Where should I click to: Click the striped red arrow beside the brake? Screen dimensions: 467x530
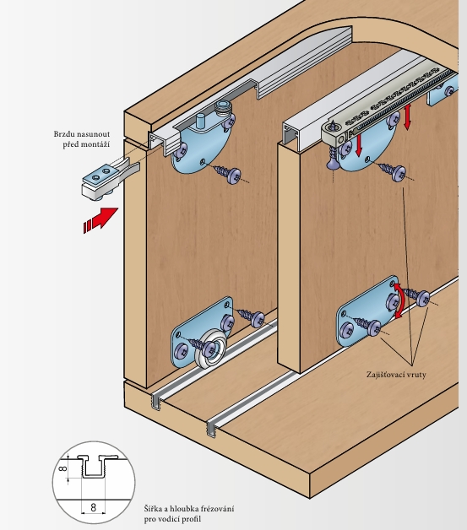click(100, 219)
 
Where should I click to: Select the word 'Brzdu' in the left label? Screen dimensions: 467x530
click(64, 134)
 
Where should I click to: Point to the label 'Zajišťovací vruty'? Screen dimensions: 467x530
click(396, 375)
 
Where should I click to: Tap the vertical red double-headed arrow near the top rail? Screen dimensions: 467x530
click(408, 117)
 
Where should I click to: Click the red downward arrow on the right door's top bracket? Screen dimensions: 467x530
click(358, 145)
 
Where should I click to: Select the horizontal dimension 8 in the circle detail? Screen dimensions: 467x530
click(94, 507)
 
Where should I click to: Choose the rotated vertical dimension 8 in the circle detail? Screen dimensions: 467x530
click(62, 468)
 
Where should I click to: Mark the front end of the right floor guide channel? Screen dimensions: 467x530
click(211, 428)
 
